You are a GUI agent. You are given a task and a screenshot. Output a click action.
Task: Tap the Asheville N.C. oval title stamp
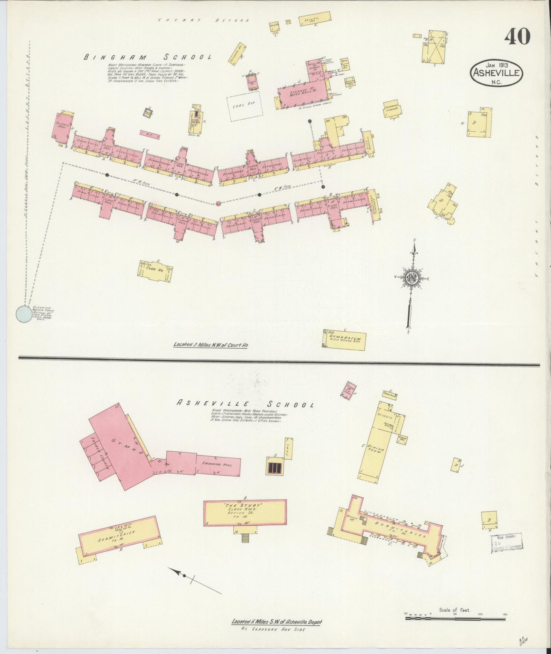pyautogui.click(x=496, y=72)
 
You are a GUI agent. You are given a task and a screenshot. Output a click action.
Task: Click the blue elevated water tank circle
pyautogui.click(x=24, y=314)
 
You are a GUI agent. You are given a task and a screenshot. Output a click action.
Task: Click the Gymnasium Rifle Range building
pyautogui.click(x=344, y=340)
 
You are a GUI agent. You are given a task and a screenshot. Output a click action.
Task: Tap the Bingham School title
pyautogui.click(x=148, y=58)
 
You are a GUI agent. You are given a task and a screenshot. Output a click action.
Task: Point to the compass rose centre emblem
pyautogui.click(x=412, y=278)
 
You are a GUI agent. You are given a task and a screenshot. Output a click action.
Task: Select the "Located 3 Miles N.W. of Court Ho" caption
pyautogui.click(x=210, y=345)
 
